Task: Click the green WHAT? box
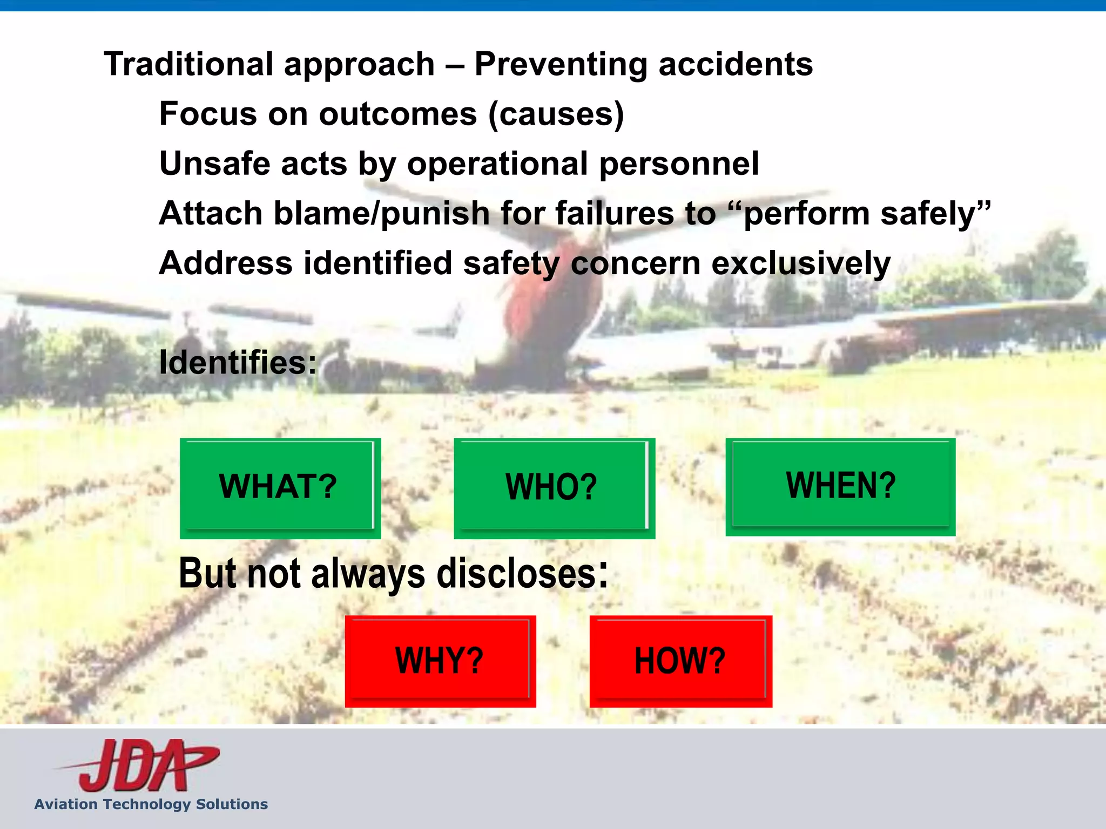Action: click(x=280, y=487)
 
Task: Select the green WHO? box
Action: click(x=554, y=488)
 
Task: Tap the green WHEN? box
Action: click(x=840, y=486)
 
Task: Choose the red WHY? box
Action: click(x=440, y=661)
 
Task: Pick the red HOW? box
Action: click(x=680, y=661)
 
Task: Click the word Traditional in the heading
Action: click(x=188, y=64)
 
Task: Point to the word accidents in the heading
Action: click(x=735, y=64)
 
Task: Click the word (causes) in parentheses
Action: click(x=556, y=114)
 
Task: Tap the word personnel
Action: click(x=679, y=164)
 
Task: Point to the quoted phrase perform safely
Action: click(x=867, y=213)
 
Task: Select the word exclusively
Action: click(x=800, y=263)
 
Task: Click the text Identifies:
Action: click(x=238, y=362)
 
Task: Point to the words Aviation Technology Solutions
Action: click(x=151, y=804)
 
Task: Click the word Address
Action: click(x=226, y=263)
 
